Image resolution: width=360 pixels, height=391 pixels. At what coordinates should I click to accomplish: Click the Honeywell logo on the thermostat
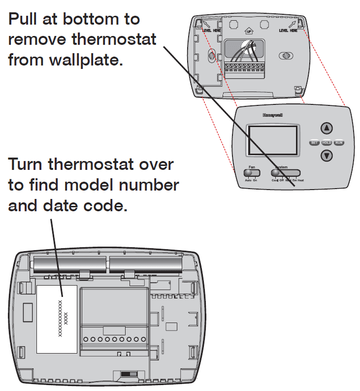pos(272,115)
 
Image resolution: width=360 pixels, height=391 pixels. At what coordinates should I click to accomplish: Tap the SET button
pos(314,143)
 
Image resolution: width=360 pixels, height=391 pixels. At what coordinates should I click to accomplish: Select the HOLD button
pos(327,143)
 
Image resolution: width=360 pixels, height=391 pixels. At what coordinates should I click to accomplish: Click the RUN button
pos(339,143)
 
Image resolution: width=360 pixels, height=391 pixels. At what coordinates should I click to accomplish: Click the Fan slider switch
pos(251,173)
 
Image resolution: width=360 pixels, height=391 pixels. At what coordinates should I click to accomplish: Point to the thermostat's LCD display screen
pos(273,140)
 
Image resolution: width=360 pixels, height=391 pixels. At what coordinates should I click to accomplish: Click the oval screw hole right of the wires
pos(284,56)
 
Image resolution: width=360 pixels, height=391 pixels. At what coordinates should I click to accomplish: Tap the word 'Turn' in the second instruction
pos(27,164)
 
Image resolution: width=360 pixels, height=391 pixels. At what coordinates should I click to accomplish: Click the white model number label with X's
pos(57,319)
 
